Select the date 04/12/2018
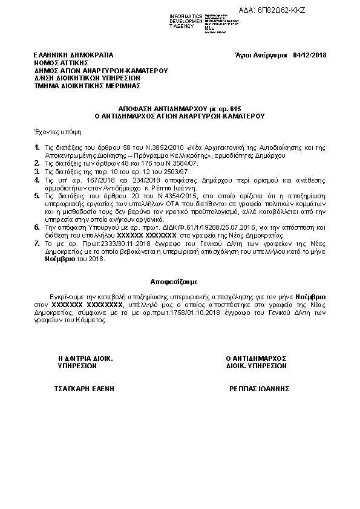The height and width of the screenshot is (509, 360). click(x=309, y=55)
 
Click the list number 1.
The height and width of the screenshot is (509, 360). click(x=37, y=148)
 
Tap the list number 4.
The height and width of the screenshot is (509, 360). click(x=37, y=180)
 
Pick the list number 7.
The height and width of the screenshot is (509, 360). click(x=37, y=242)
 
